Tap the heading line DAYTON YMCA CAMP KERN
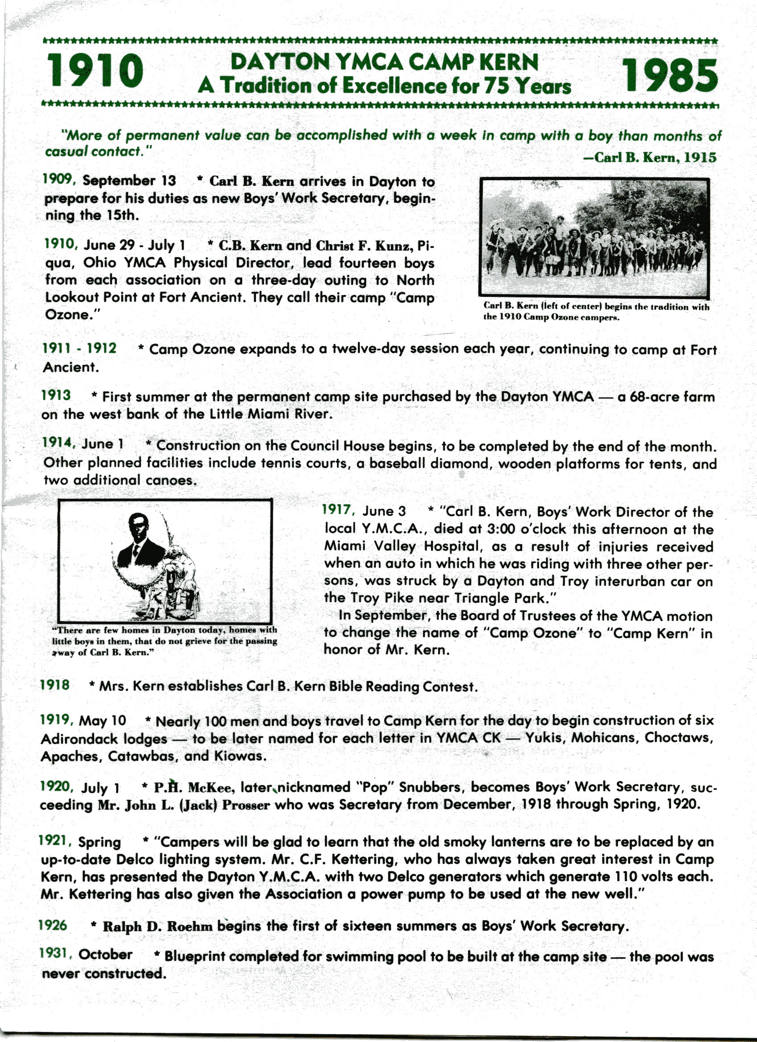coord(384,62)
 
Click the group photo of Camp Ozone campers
coord(594,237)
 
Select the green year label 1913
coord(56,395)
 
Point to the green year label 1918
coord(55,685)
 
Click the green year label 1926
coord(53,925)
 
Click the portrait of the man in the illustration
coord(138,540)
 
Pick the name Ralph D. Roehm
coord(158,927)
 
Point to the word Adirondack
coord(104,739)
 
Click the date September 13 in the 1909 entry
coord(129,181)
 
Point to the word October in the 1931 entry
coord(105,955)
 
